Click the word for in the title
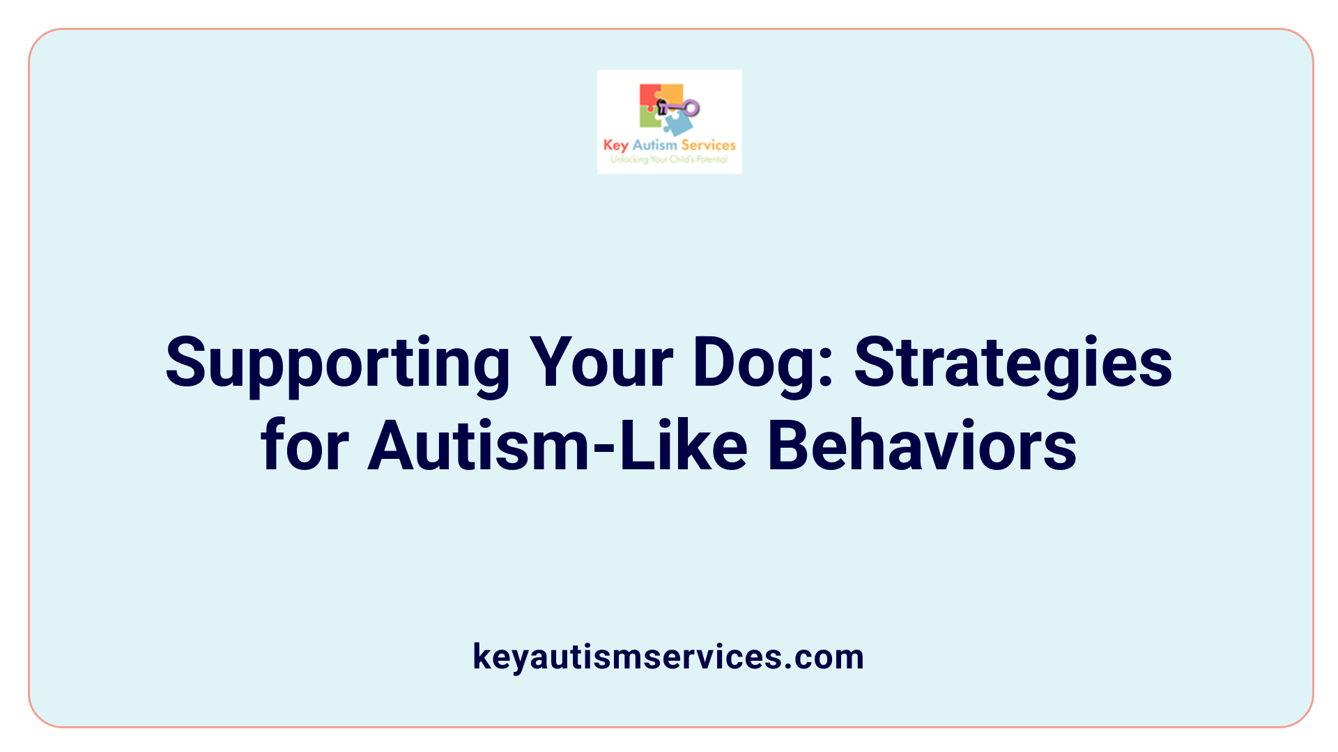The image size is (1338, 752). (305, 446)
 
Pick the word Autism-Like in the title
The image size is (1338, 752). (557, 446)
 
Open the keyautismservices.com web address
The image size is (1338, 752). (668, 657)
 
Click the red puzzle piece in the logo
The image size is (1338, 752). (649, 96)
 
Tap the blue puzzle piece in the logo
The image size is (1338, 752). (677, 124)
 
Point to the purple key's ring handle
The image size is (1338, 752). (691, 107)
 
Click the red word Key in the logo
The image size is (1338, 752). (615, 146)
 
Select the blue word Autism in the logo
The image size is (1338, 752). (654, 145)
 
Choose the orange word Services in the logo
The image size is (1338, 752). (708, 145)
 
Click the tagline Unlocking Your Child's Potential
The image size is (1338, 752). (669, 159)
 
